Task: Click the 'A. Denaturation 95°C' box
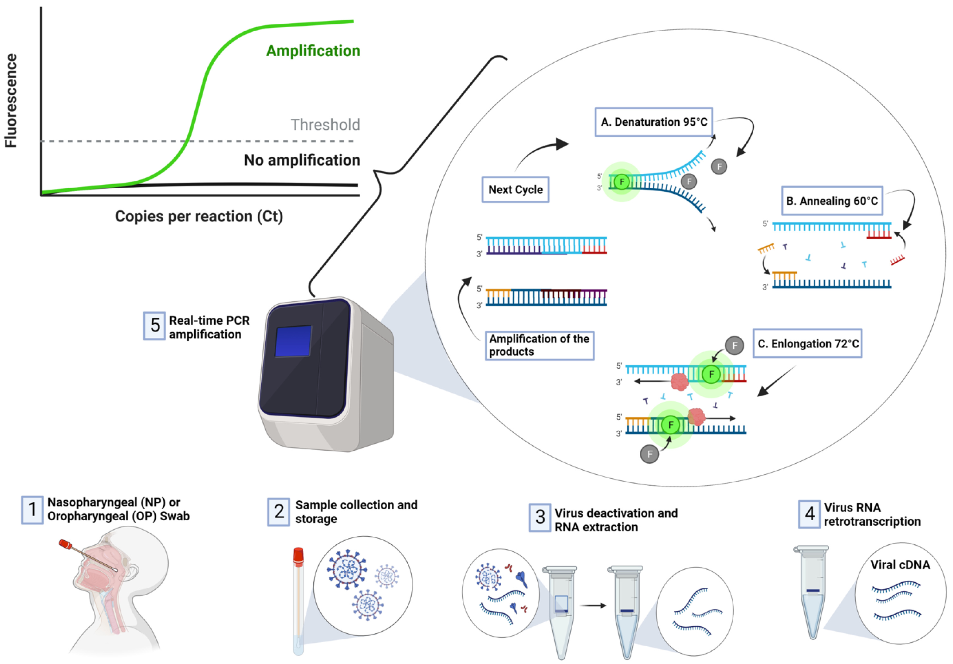pyautogui.click(x=654, y=122)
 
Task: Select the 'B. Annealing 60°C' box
pyautogui.click(x=832, y=201)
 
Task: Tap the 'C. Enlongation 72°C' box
pyautogui.click(x=807, y=344)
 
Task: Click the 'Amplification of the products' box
pyautogui.click(x=539, y=345)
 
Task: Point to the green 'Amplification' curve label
pyautogui.click(x=313, y=51)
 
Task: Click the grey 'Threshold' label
pyautogui.click(x=325, y=124)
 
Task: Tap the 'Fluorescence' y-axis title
pyautogui.click(x=11, y=100)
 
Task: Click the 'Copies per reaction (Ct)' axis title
pyautogui.click(x=199, y=216)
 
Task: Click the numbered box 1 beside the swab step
pyautogui.click(x=32, y=510)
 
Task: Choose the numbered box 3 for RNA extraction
pyautogui.click(x=540, y=517)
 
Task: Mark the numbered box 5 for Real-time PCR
pyautogui.click(x=154, y=326)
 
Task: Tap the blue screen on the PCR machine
pyautogui.click(x=293, y=341)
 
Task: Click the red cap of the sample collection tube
pyautogui.click(x=298, y=556)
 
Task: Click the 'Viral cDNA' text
pyautogui.click(x=900, y=565)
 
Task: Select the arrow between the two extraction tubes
pyautogui.click(x=593, y=605)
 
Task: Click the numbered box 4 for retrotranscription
pyautogui.click(x=809, y=514)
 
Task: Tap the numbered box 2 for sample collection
pyautogui.click(x=279, y=512)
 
